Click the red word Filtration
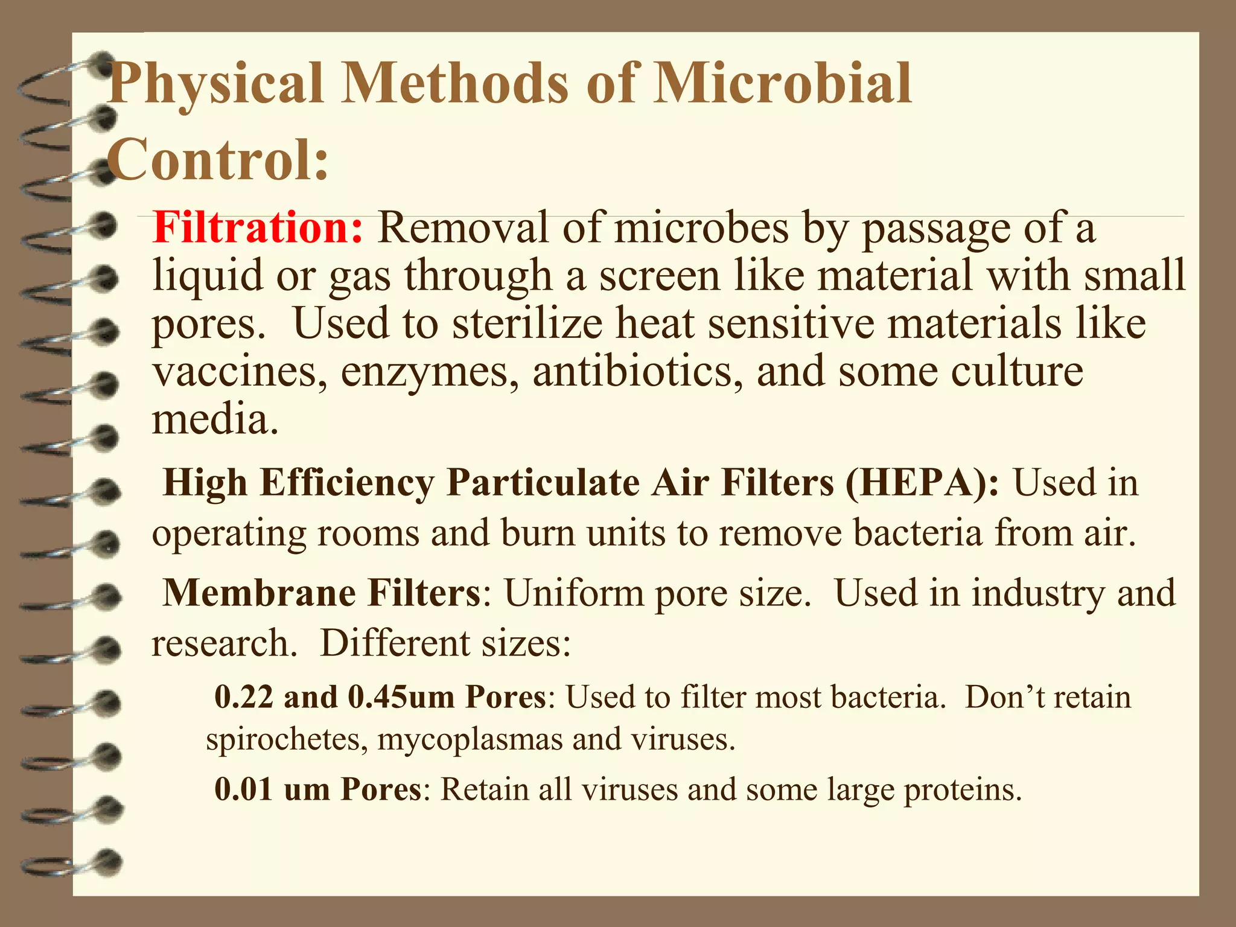(x=258, y=228)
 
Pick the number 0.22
(x=244, y=697)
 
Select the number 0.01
(x=243, y=789)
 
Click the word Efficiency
(x=347, y=484)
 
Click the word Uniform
(x=574, y=593)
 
